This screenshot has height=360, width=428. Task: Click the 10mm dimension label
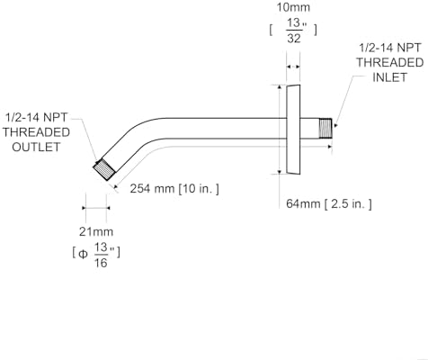point(293,7)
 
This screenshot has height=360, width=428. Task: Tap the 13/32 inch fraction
point(294,31)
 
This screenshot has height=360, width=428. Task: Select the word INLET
point(389,77)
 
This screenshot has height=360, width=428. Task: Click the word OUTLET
point(36,147)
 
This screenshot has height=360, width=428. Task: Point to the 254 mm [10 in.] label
point(174,189)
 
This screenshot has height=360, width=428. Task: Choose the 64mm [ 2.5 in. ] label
point(329,204)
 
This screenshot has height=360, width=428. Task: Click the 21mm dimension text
point(96,231)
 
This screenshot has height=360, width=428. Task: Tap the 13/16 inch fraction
point(101,255)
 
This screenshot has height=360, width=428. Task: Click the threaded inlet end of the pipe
point(325,129)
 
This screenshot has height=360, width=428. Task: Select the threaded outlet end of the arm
point(104,169)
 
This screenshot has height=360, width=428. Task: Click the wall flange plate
point(293,130)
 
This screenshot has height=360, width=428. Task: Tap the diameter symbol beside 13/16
point(83,255)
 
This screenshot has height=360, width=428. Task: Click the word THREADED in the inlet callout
point(389,62)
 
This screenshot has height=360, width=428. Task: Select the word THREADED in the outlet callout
point(36,132)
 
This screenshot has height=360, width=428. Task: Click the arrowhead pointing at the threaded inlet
point(336,125)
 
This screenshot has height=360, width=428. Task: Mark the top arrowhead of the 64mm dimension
point(280,87)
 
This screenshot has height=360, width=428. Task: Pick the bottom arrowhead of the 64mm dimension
point(280,172)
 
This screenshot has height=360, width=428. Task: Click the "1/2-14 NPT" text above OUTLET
point(36,117)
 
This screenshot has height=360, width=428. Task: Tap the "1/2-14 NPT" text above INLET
point(390,48)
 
